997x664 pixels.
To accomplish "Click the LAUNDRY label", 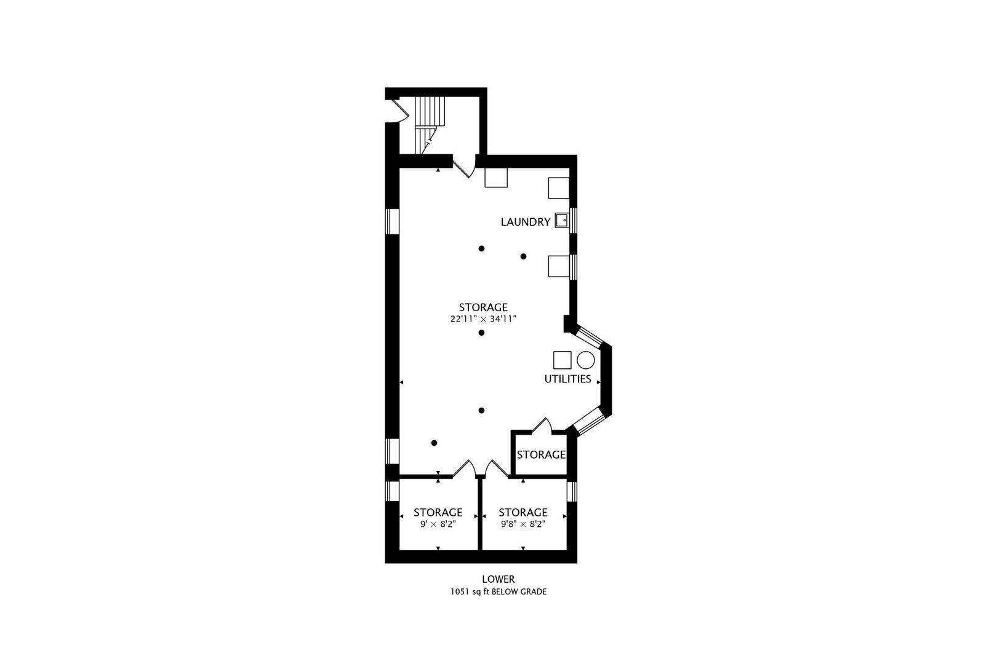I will click(525, 222).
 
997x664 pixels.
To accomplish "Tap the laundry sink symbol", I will click(561, 219).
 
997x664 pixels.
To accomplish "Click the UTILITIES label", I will click(567, 379).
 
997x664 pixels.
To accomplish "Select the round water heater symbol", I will click(585, 360).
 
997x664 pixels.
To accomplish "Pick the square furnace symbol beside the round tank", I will click(562, 360).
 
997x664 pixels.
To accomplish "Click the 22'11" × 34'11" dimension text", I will click(483, 319).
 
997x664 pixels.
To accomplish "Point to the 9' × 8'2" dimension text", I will click(438, 524).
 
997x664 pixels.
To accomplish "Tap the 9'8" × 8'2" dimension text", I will click(523, 524).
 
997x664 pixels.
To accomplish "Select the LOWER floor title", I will click(498, 579).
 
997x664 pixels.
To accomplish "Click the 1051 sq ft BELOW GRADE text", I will click(498, 592).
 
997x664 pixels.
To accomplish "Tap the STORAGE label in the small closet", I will click(540, 455).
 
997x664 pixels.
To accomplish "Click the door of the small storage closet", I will click(541, 425).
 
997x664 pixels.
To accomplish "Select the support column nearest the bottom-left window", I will click(434, 443).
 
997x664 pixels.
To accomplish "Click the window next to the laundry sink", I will click(572, 220).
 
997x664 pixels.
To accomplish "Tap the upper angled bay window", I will click(589, 336).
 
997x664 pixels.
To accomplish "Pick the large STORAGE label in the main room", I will click(483, 307).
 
